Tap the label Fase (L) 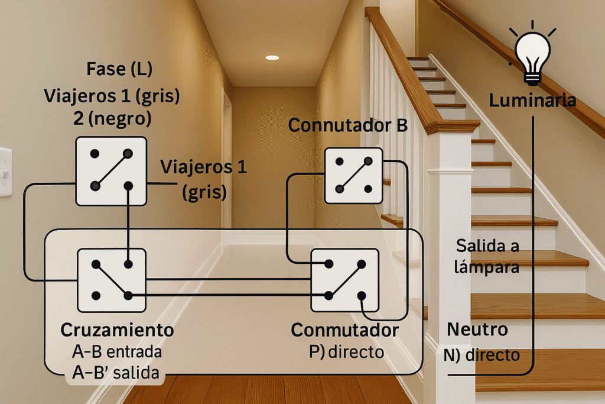click(x=119, y=69)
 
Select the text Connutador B click(x=347, y=125)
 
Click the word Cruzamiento click(x=118, y=330)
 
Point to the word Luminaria click(x=532, y=101)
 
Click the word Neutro click(x=477, y=329)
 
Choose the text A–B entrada click(x=117, y=352)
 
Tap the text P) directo click(x=346, y=352)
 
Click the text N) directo click(x=482, y=355)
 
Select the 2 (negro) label click(x=112, y=118)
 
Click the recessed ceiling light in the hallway click(x=272, y=57)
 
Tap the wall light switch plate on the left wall click(x=5, y=172)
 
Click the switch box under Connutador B click(x=354, y=176)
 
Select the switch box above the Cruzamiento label click(x=112, y=280)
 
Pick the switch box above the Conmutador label click(x=345, y=280)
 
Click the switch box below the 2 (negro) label click(x=111, y=171)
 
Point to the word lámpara click(x=487, y=267)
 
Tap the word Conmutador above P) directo click(x=345, y=330)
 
